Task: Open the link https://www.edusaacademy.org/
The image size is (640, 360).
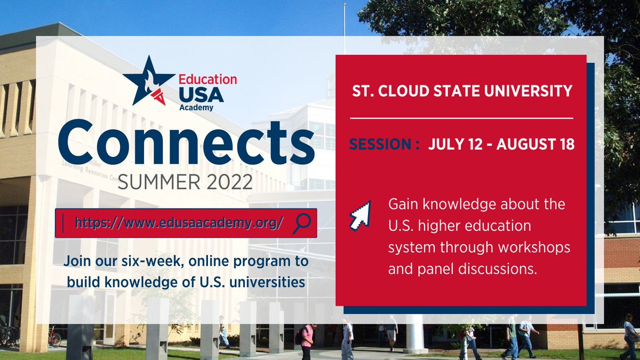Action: point(179,223)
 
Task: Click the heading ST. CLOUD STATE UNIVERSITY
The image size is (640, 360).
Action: point(462,91)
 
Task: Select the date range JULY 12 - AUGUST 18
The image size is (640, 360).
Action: point(501,145)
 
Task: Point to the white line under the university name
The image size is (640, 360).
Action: point(462,118)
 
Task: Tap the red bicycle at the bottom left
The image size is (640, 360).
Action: point(54,337)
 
